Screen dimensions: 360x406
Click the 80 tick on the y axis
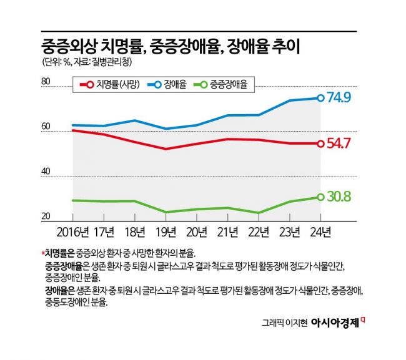(x=45, y=82)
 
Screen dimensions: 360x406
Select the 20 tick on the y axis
(x=45, y=216)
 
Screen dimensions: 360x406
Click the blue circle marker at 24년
(x=320, y=98)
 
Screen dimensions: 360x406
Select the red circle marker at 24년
(x=320, y=144)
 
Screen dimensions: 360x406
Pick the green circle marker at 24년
(x=320, y=197)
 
